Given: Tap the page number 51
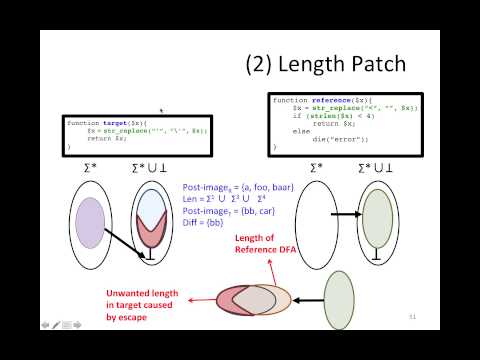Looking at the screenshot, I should coord(411,317).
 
